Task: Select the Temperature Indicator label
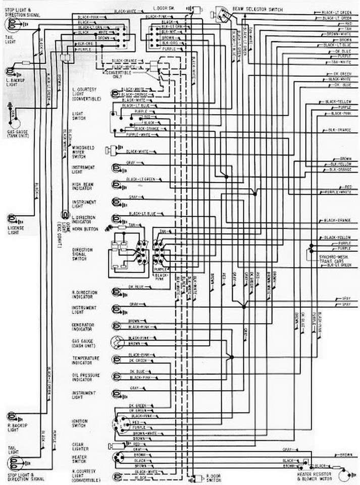[85, 360]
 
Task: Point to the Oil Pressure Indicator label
[85, 378]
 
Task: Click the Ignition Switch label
[80, 423]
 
